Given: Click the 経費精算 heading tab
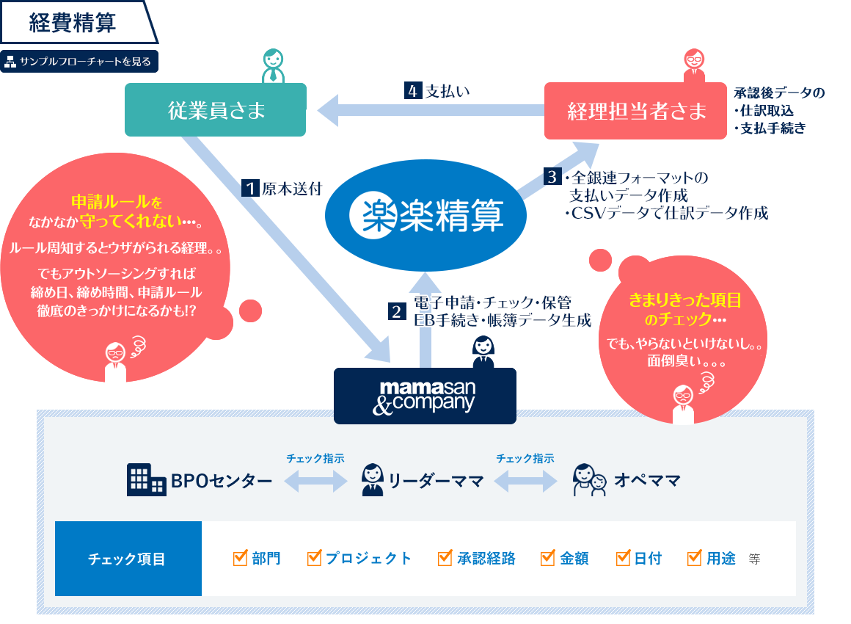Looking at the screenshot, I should pos(73,23).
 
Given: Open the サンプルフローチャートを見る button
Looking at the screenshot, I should pos(79,62).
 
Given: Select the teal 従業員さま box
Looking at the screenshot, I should pos(215,111).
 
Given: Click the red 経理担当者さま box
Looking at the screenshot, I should pos(636,111).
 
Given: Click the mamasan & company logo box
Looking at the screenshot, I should pos(425,396).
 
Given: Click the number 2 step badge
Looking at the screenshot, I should pos(396,311).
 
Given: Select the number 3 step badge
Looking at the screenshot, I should pos(552,176).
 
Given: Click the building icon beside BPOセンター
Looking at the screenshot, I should pos(146,480).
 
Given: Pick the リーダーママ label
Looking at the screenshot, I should pos(436,482).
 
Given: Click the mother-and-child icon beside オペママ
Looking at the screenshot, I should pos(590,480).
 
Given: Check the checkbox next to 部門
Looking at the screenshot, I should pos(239,558).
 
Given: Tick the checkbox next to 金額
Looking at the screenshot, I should pos(547,558).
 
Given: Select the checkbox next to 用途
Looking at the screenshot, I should pos(694,558).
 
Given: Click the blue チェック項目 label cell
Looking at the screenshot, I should pos(128,559).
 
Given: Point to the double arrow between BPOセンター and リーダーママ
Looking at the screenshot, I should pos(315,482).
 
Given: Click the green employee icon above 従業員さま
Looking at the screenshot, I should pos(272,67).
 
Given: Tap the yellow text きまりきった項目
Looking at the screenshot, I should pos(685,300).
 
